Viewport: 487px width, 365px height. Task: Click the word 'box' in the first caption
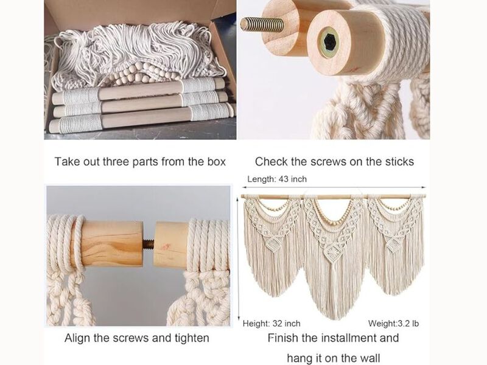(213, 162)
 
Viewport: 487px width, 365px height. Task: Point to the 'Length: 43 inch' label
(277, 179)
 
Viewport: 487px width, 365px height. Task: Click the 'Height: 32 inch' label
(272, 323)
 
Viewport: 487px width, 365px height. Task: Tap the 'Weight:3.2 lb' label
(393, 323)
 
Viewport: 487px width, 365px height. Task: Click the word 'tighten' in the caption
(188, 338)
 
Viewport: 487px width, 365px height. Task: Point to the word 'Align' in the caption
(78, 338)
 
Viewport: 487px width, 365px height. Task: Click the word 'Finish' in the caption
(284, 338)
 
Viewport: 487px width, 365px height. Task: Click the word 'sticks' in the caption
(398, 162)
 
